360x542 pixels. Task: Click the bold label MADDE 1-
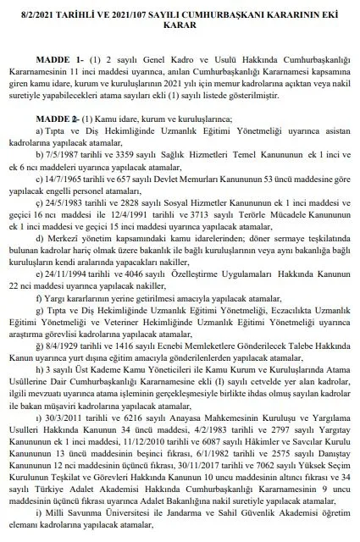58,63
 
